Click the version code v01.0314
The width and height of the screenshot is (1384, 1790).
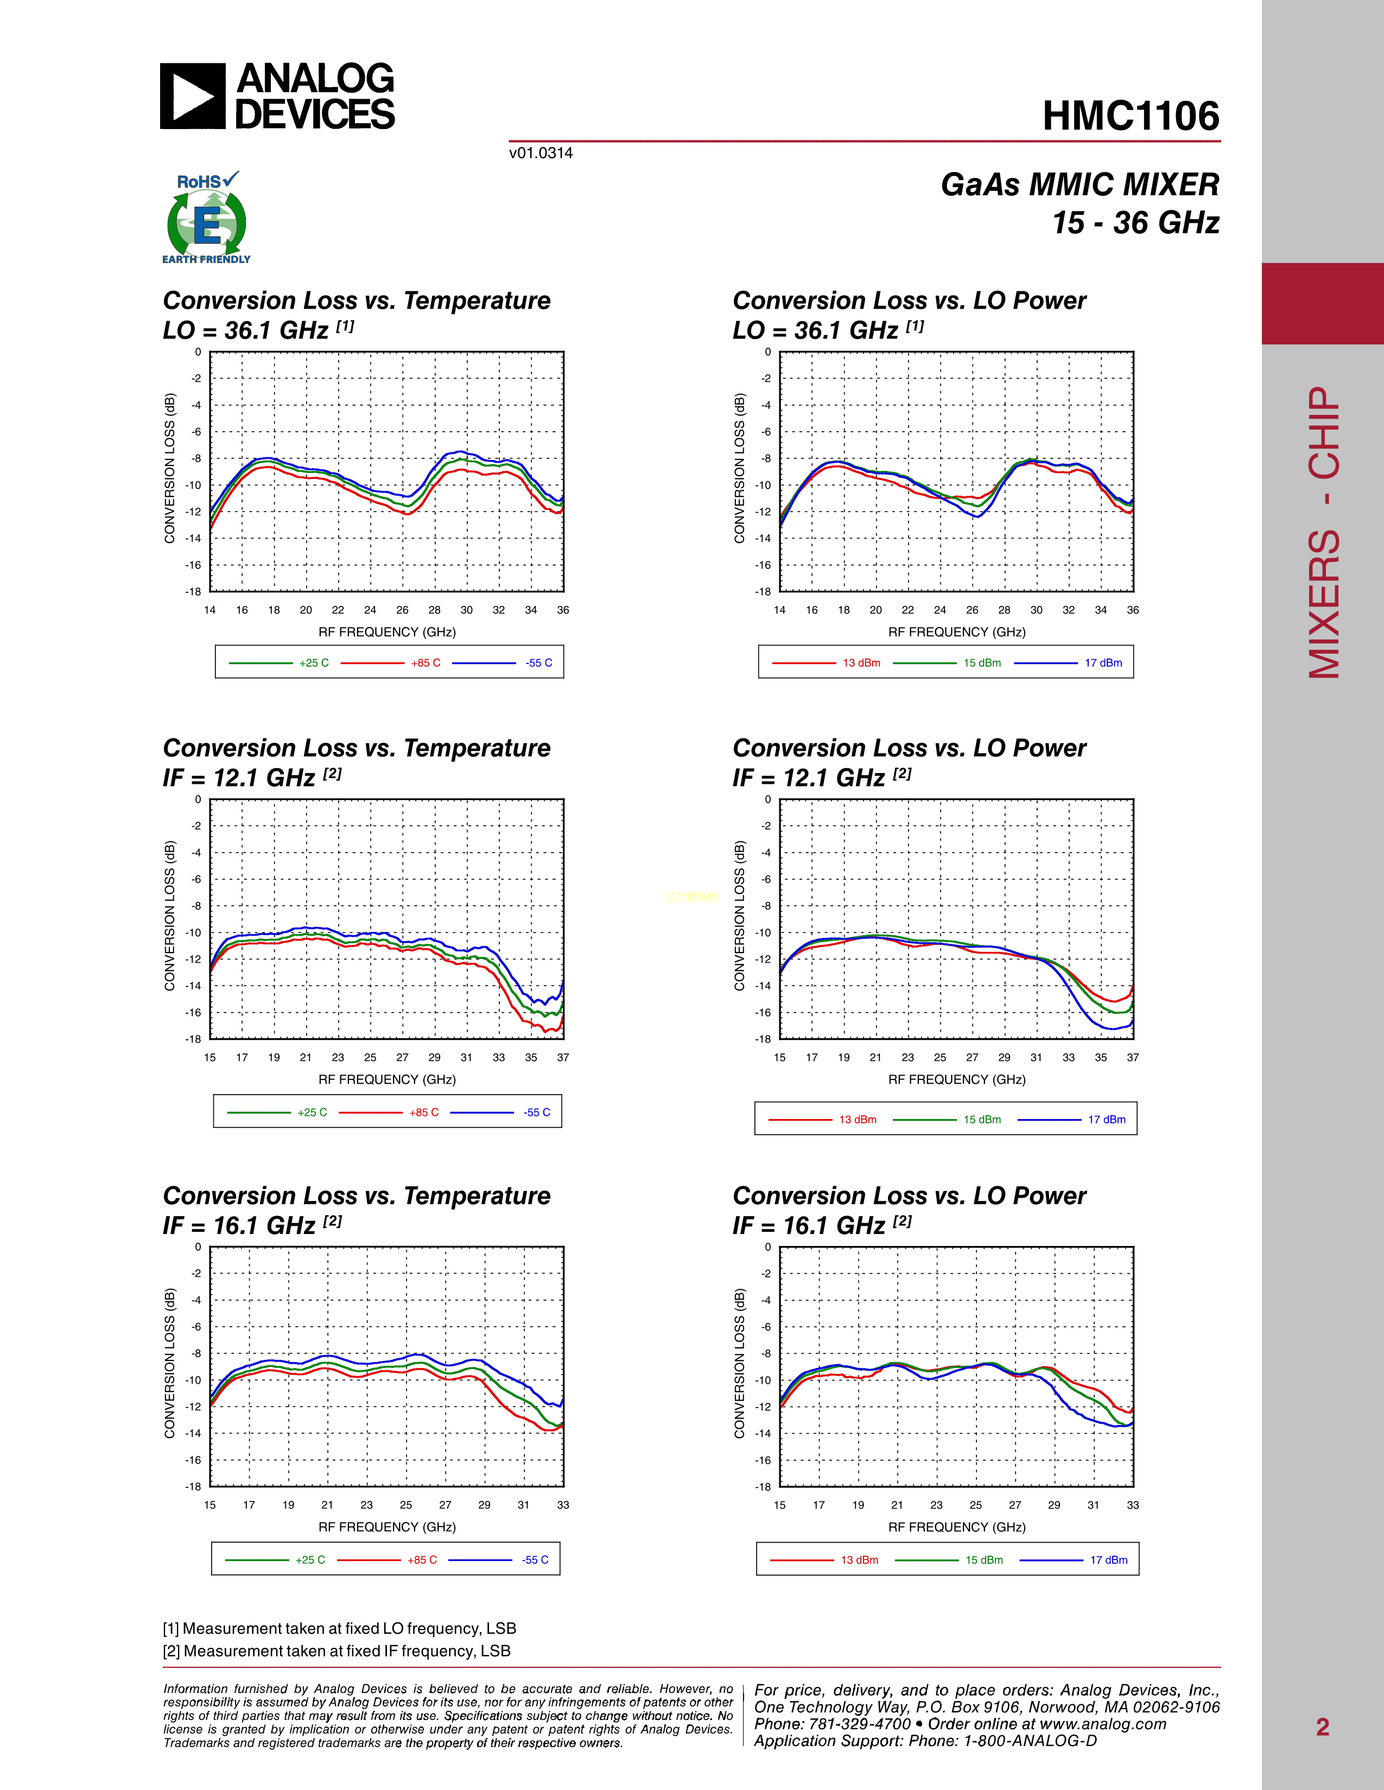tap(541, 154)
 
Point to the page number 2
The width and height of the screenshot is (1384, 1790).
tap(1323, 1727)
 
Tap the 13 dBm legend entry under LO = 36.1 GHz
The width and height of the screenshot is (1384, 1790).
tap(861, 663)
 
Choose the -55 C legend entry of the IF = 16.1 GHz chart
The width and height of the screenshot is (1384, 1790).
tap(535, 1559)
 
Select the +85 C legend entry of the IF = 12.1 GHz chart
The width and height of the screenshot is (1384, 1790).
tap(424, 1112)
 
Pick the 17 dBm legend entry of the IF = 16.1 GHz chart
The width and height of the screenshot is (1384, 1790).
tap(1108, 1559)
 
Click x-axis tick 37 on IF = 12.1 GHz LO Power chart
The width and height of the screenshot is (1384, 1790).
tap(1132, 1057)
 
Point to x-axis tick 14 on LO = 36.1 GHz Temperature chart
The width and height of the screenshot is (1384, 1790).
tap(210, 610)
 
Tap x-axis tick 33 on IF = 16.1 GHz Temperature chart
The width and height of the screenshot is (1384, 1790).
tap(562, 1505)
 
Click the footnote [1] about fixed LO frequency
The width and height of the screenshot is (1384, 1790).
tap(339, 1628)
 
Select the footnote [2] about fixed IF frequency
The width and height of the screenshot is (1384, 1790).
tap(336, 1651)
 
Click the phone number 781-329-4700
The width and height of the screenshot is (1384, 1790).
tap(859, 1724)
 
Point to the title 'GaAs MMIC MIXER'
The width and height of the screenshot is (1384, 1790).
tap(1080, 185)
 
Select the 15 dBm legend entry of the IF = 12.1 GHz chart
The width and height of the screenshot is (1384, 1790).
tap(981, 1120)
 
